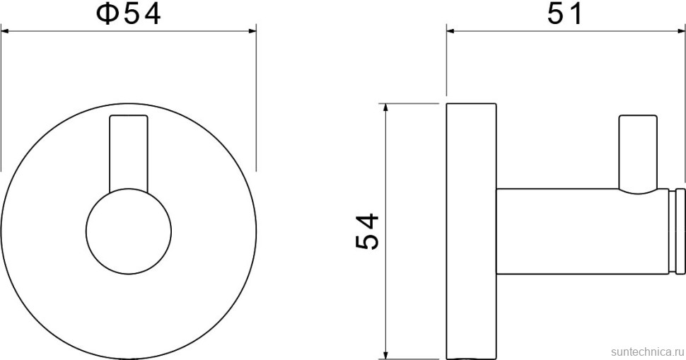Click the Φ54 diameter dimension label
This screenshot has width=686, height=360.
point(128,14)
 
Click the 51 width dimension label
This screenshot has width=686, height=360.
point(565,14)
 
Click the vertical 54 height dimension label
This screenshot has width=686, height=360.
point(366,232)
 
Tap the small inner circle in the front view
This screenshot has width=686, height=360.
point(129,232)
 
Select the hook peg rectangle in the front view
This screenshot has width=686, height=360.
point(129,153)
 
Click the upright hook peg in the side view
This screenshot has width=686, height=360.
point(638,152)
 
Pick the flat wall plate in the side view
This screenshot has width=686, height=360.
point(471,231)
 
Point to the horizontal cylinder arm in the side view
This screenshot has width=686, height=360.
point(583,232)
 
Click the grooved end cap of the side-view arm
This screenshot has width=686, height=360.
point(678,232)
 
